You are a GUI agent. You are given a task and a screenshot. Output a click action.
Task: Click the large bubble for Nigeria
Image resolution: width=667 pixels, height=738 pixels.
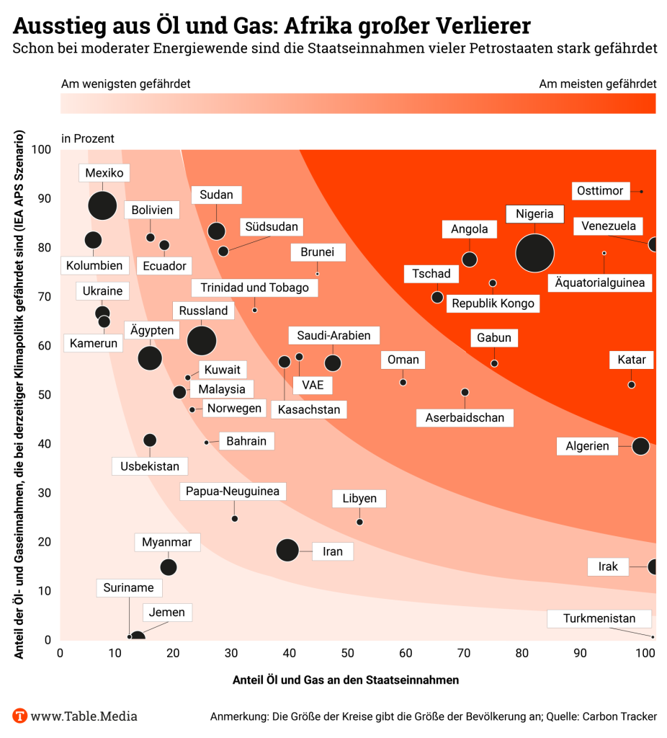pos(534,252)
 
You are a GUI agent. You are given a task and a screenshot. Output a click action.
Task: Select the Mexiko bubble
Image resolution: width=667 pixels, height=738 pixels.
pos(102,205)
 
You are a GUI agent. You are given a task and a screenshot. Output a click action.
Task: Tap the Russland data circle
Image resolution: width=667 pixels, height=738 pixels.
pos(202,340)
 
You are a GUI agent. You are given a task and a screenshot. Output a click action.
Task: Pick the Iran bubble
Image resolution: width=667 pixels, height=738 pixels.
pos(287,551)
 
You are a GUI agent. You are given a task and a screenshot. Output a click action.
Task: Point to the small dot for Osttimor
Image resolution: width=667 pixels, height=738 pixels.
pos(642,191)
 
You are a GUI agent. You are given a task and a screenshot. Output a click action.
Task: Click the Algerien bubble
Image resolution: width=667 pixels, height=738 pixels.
pos(640,446)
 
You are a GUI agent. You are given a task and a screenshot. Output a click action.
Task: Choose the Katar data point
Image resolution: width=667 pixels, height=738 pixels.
pos(632,385)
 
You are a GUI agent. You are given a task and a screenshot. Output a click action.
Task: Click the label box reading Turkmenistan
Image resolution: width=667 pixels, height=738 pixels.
pos(599,618)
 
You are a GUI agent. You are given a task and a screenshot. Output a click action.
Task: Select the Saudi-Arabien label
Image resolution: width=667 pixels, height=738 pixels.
pos(333,335)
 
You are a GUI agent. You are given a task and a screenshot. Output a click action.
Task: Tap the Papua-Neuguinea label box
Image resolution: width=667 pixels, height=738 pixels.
pos(233,492)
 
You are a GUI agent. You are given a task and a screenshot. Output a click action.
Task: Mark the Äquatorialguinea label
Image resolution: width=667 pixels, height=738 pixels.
pos(600,282)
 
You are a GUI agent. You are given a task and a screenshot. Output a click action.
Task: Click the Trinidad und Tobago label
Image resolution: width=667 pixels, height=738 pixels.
pos(254,288)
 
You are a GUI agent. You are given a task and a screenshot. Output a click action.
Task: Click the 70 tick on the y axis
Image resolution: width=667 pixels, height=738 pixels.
pos(45,296)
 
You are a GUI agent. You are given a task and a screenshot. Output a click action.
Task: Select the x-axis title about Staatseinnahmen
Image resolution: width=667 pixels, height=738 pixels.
pos(346,680)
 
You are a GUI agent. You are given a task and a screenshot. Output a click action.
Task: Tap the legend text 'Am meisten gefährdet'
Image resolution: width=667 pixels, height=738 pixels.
pos(597,84)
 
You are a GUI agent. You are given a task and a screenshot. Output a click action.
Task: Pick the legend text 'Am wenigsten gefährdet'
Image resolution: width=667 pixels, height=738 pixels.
pos(125,84)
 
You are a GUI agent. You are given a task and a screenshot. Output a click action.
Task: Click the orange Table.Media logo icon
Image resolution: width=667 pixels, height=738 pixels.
pos(20,716)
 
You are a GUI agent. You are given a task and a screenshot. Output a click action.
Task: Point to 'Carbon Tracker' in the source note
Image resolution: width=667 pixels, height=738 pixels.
pos(618,716)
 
